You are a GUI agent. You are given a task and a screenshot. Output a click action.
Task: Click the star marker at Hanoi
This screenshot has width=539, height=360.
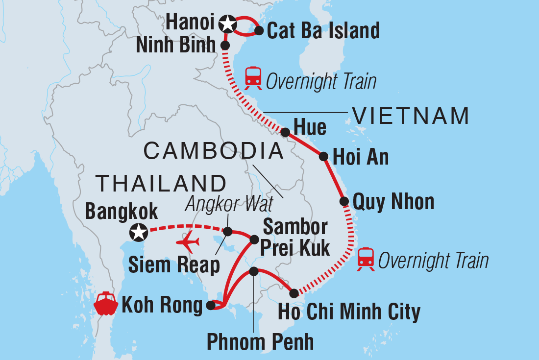tap(227, 23)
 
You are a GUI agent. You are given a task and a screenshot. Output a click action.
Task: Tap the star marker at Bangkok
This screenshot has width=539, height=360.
tap(139, 232)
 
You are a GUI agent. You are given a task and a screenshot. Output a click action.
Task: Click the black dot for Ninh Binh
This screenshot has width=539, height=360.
tap(225, 45)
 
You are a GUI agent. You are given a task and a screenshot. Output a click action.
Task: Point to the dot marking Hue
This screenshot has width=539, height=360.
tap(285, 131)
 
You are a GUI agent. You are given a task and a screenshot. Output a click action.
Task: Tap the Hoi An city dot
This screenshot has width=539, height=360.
tap(323, 157)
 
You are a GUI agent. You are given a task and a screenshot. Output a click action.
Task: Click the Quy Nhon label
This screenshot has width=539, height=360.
tap(393, 201)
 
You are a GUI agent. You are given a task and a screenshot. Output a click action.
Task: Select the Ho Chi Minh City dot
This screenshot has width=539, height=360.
tap(294, 293)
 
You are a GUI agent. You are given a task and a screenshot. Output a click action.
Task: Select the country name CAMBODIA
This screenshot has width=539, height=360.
tap(214, 151)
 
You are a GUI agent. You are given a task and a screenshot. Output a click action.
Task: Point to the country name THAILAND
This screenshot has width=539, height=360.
tap(161, 183)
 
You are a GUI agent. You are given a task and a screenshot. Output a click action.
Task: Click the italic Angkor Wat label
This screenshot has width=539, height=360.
tap(221, 204)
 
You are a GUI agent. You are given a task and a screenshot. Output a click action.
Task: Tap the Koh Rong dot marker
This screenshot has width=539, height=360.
tap(211, 306)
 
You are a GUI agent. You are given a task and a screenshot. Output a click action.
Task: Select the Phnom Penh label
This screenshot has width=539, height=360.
tap(260, 341)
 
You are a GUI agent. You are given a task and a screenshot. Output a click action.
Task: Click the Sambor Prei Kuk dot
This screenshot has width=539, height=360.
tap(254, 240)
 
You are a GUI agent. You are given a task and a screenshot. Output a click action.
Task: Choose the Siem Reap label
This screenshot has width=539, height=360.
tap(173, 265)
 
